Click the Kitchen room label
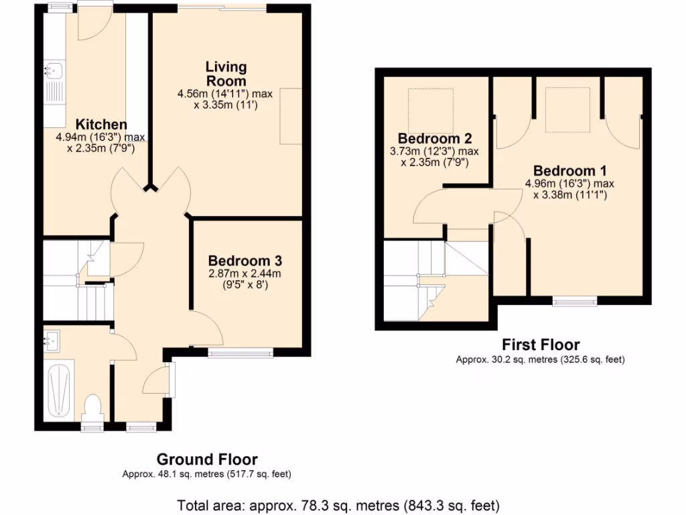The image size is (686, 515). point(101,124)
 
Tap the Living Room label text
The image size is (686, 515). point(226,73)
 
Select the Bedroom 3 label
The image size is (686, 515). point(245,260)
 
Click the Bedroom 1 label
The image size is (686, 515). point(564,170)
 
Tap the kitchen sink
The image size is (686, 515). point(54,68)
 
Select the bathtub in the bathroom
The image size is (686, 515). point(61,389)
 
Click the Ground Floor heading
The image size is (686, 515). point(207,459)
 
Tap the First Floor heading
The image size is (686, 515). point(540,345)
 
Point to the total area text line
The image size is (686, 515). point(338,504)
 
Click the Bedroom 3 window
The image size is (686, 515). point(241,352)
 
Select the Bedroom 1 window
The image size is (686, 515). point(575,302)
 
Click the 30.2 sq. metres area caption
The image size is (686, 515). point(540,359)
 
